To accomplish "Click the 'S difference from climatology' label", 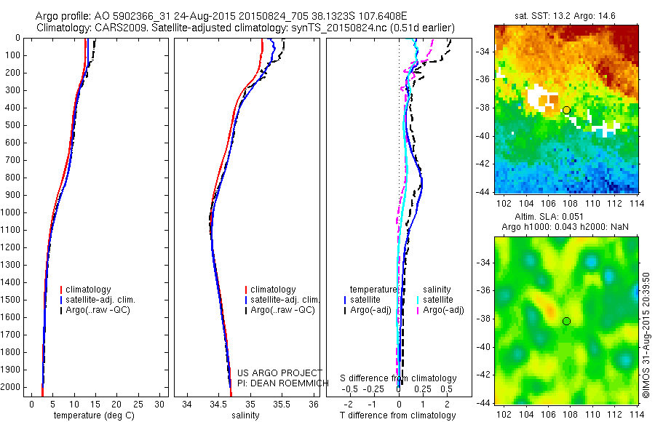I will point(398,378).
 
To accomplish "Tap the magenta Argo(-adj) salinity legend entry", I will point(443,310).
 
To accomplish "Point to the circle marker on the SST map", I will point(566,110).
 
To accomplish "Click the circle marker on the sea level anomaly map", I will point(566,321).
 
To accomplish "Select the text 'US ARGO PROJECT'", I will point(279,373).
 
